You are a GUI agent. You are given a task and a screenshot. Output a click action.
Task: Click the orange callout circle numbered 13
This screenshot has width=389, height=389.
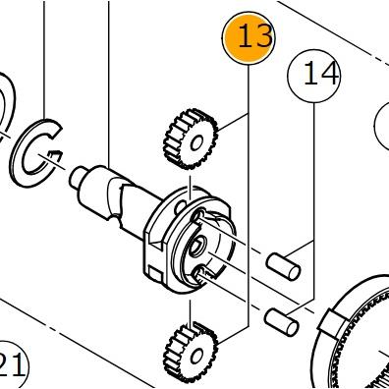249,37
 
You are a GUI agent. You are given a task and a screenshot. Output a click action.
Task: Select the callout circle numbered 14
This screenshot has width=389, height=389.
314,76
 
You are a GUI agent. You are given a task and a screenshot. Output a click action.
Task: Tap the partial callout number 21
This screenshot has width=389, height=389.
13,364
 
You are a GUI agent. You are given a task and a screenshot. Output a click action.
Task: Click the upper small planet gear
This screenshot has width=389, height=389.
191,139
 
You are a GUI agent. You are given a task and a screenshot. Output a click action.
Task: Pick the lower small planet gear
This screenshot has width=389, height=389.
191,352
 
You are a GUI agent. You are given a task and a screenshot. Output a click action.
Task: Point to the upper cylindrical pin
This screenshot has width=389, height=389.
283,266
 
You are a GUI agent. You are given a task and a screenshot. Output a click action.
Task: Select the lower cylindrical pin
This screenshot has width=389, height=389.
282,322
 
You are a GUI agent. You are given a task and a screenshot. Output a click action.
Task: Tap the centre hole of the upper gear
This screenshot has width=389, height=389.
197,143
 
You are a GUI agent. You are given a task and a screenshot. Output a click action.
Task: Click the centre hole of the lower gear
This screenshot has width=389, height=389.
197,356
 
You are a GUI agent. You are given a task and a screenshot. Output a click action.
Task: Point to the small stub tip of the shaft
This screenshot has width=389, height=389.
78,177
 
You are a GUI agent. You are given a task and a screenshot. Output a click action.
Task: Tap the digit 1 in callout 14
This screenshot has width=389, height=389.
310,75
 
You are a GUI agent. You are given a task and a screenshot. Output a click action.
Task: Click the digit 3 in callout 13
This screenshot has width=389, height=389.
262,35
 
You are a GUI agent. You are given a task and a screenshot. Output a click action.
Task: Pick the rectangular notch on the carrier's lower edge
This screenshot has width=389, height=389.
155,273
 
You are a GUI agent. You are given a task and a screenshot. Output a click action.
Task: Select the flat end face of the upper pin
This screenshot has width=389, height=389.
294,273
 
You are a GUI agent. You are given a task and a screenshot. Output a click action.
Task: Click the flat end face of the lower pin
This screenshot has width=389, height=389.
293,328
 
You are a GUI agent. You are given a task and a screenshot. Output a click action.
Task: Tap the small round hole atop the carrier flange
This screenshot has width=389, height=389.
181,206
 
